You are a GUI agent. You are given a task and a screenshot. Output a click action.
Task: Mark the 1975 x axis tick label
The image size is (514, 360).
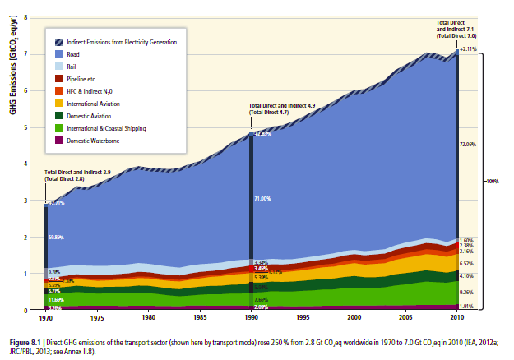pyautogui.click(x=96, y=316)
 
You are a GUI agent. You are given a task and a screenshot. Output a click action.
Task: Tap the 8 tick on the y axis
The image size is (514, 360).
pyautogui.click(x=26, y=17)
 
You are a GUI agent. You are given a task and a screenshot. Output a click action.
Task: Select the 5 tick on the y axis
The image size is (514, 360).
pyautogui.click(x=26, y=127)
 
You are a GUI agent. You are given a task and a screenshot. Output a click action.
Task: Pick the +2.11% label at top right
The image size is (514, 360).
pyautogui.click(x=470, y=48)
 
